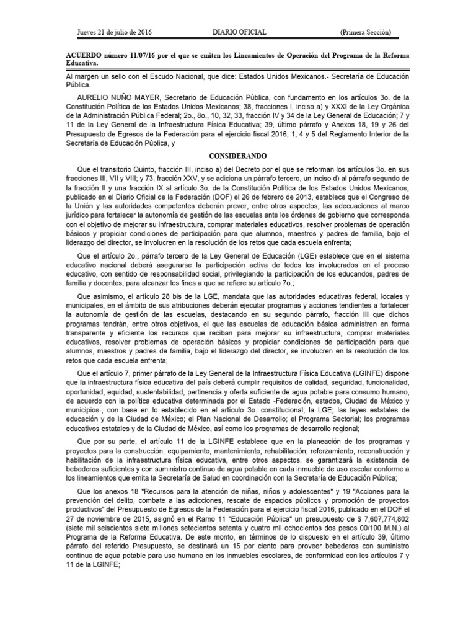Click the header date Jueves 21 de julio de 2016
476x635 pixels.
pyautogui.click(x=115, y=32)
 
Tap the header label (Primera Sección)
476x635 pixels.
pyautogui.click(x=365, y=32)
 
